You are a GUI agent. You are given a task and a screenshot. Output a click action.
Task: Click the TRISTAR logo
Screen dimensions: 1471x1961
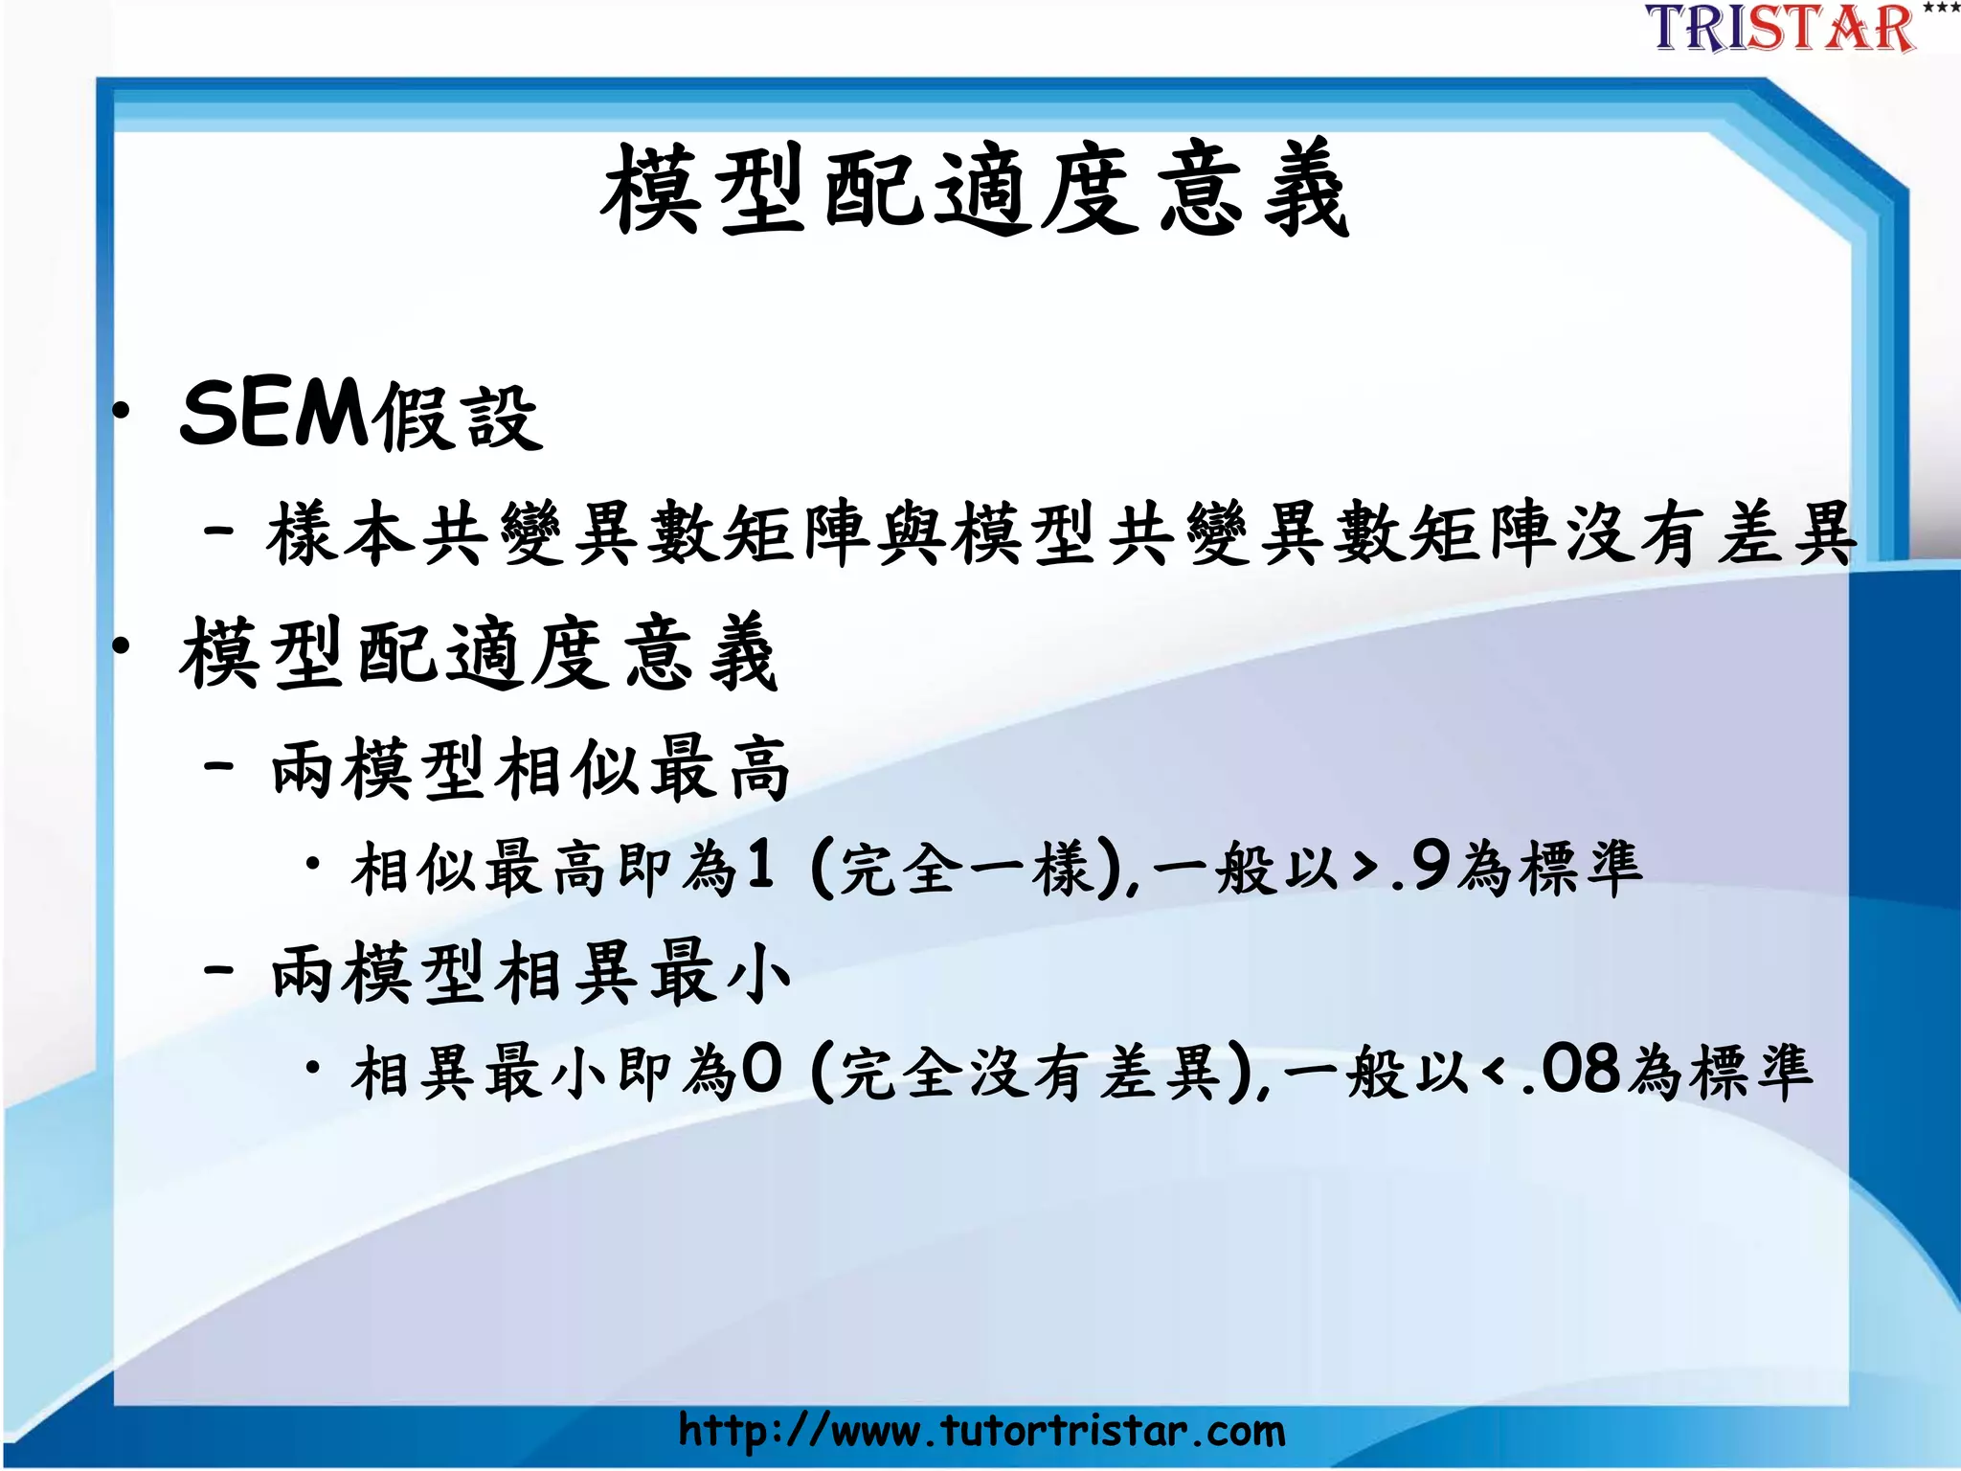(1783, 29)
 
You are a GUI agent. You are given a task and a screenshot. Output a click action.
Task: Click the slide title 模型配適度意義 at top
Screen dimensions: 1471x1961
(975, 189)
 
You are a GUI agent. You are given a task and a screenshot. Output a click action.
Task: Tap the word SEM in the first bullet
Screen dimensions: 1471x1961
(273, 415)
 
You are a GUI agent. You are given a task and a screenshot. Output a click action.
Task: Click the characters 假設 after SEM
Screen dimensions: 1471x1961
(458, 419)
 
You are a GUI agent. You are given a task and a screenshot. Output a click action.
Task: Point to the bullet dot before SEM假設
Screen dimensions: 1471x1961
(121, 412)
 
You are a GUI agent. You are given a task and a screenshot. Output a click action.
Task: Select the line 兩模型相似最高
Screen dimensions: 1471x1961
(530, 769)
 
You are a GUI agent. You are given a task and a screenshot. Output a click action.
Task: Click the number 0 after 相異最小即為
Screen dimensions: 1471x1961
(762, 1069)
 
